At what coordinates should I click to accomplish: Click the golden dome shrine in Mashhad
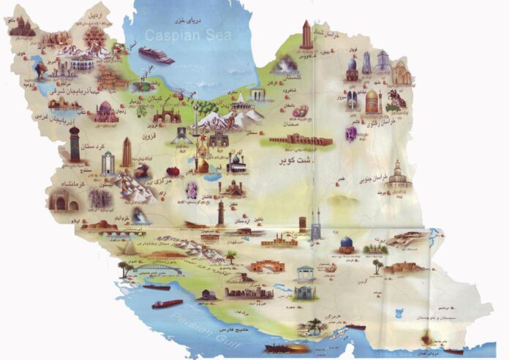coord(372,98)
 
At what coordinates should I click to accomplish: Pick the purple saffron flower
coord(352,134)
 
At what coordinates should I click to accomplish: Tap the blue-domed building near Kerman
coord(345,244)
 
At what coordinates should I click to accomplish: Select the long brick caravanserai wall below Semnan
coord(301,138)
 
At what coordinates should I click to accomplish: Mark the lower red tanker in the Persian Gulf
coord(167,303)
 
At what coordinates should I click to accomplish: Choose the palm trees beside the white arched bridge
coord(125,269)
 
